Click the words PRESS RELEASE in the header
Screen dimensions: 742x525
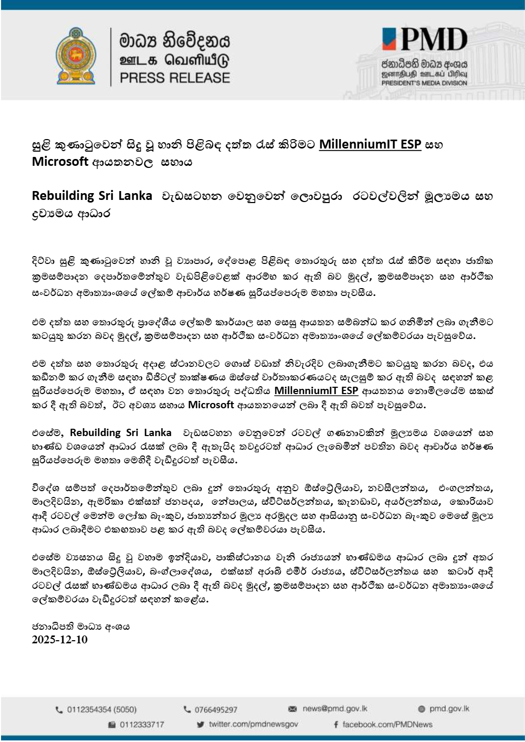click(175, 78)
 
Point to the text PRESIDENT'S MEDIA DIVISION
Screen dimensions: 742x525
click(424, 83)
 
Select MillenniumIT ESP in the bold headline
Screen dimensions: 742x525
click(370, 144)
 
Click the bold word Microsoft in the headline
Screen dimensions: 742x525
click(60, 162)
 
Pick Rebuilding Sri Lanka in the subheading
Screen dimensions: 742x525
click(92, 196)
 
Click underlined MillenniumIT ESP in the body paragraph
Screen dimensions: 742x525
click(316, 391)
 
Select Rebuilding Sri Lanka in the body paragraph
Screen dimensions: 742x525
click(120, 433)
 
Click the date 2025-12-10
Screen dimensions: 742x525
click(59, 640)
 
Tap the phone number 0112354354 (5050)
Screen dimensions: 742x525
click(101, 709)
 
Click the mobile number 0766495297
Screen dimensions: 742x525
click(216, 709)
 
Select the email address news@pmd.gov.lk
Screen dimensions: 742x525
click(335, 708)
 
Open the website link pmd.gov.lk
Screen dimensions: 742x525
click(449, 708)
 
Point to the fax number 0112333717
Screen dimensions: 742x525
click(142, 725)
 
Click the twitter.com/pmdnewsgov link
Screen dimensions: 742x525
click(253, 724)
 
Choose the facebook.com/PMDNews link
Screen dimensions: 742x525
click(387, 724)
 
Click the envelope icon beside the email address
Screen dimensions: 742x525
click(293, 709)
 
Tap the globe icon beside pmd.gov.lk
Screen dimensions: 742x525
click(421, 709)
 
